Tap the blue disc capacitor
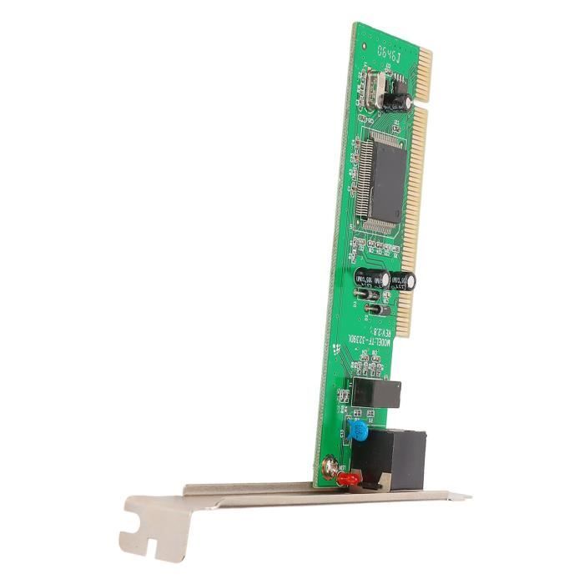tap(358, 431)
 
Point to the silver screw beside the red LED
tap(330, 467)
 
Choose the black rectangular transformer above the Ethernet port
tap(376, 393)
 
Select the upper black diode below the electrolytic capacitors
tap(368, 295)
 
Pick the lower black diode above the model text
tap(377, 310)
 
